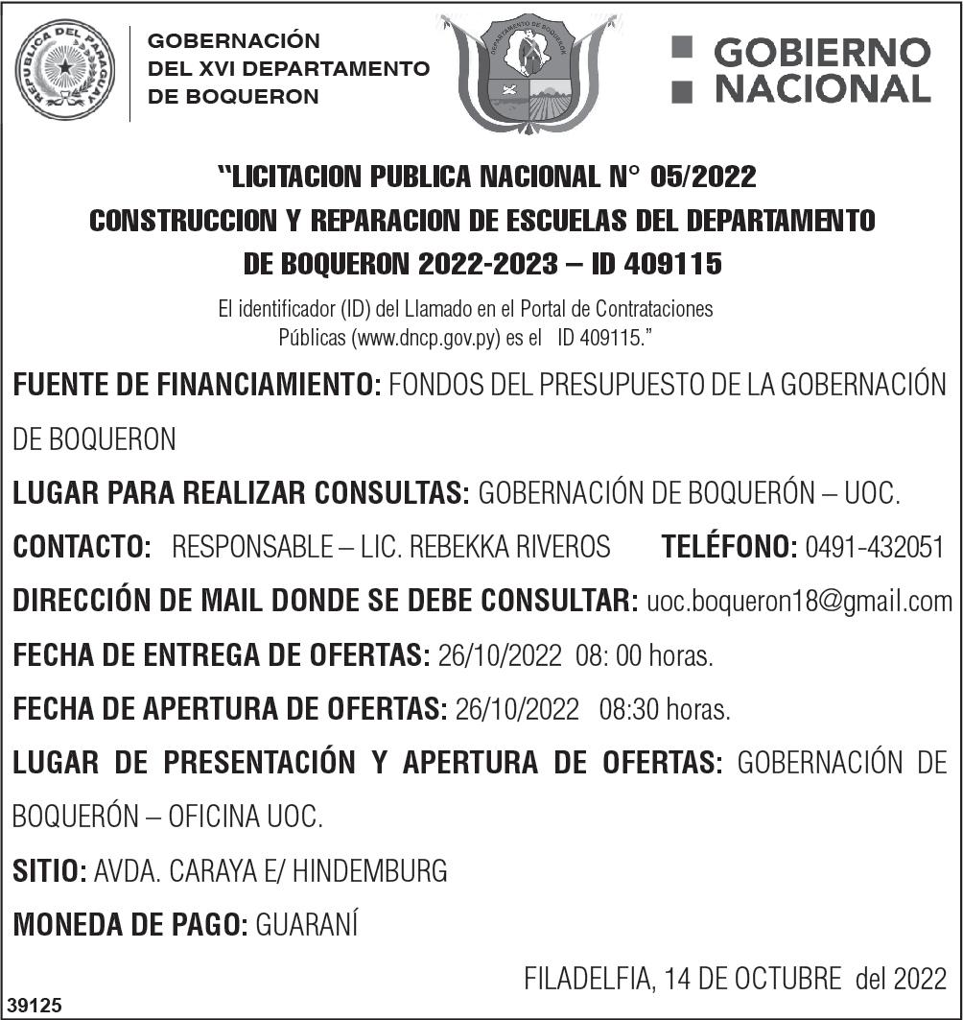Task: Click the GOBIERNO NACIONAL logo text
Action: point(802,70)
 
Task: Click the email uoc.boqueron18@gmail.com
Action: point(800,602)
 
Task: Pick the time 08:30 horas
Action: point(665,711)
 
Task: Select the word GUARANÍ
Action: point(307,926)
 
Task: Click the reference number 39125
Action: point(35,1005)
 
